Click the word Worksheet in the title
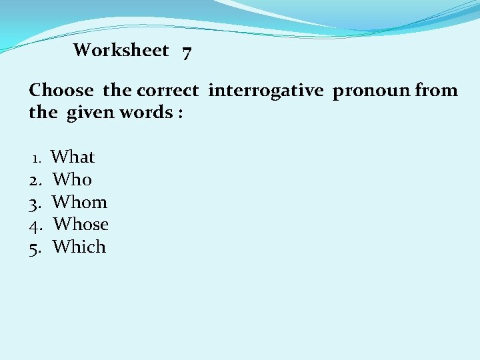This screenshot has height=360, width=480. [x=121, y=50]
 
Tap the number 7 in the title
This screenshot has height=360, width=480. [x=187, y=51]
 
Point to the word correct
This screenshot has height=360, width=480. [x=167, y=90]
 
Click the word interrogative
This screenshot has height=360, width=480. [x=267, y=91]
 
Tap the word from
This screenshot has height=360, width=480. [x=436, y=90]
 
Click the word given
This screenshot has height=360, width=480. [x=93, y=113]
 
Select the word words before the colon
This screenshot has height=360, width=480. [x=147, y=112]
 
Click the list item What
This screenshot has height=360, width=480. [x=73, y=157]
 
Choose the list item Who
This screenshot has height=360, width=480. [x=72, y=179]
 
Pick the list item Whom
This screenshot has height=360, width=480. [x=79, y=202]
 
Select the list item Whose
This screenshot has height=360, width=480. [x=81, y=224]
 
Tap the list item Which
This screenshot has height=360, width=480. [x=79, y=247]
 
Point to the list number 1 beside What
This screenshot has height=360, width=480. [x=37, y=159]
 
